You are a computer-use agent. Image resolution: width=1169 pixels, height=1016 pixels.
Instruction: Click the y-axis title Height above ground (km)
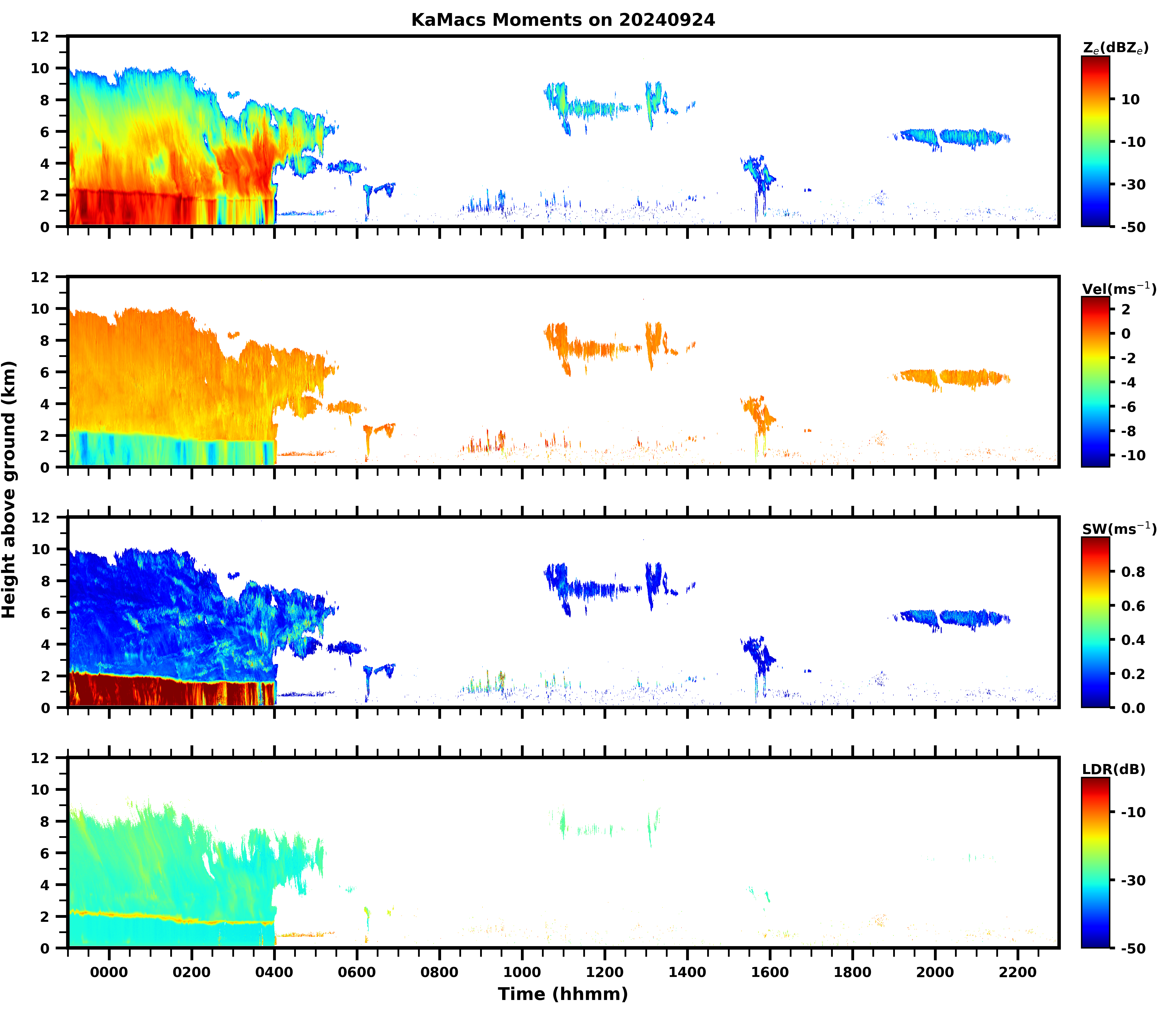tap(9, 489)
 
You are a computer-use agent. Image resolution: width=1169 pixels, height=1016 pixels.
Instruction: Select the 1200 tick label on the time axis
tap(605, 972)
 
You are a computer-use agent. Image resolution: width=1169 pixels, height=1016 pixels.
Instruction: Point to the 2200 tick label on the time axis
tap(1018, 972)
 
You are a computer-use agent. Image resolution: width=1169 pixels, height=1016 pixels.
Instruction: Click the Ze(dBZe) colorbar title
tap(1115, 48)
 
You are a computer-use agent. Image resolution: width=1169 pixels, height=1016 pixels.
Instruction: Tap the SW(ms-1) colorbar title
tap(1119, 529)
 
